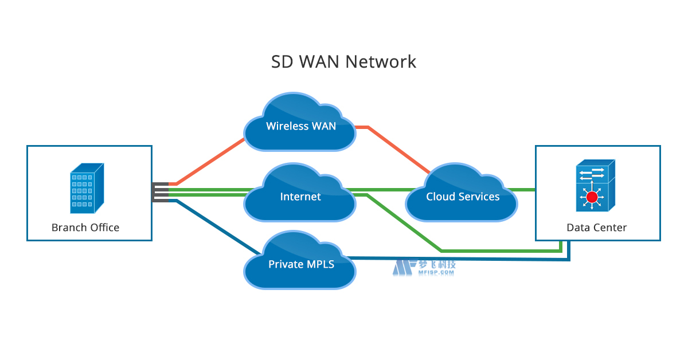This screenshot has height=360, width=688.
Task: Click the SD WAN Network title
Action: click(x=343, y=61)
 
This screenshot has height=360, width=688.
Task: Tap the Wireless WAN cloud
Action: click(x=300, y=123)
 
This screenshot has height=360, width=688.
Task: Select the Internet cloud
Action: click(x=300, y=195)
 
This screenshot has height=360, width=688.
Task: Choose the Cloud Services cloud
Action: click(x=462, y=195)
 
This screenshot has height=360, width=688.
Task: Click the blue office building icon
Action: click(x=87, y=187)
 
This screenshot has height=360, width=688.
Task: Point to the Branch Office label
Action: click(x=85, y=228)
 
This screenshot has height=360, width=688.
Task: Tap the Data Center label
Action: click(x=596, y=228)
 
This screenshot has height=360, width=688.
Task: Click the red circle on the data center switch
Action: click(x=592, y=198)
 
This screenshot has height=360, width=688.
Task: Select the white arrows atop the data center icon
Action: click(x=591, y=173)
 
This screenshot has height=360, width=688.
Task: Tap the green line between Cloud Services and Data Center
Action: click(x=525, y=189)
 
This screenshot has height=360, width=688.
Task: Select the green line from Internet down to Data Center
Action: click(x=499, y=251)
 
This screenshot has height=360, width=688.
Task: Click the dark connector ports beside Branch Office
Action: click(x=160, y=192)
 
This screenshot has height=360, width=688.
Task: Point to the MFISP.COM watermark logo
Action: click(x=424, y=268)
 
